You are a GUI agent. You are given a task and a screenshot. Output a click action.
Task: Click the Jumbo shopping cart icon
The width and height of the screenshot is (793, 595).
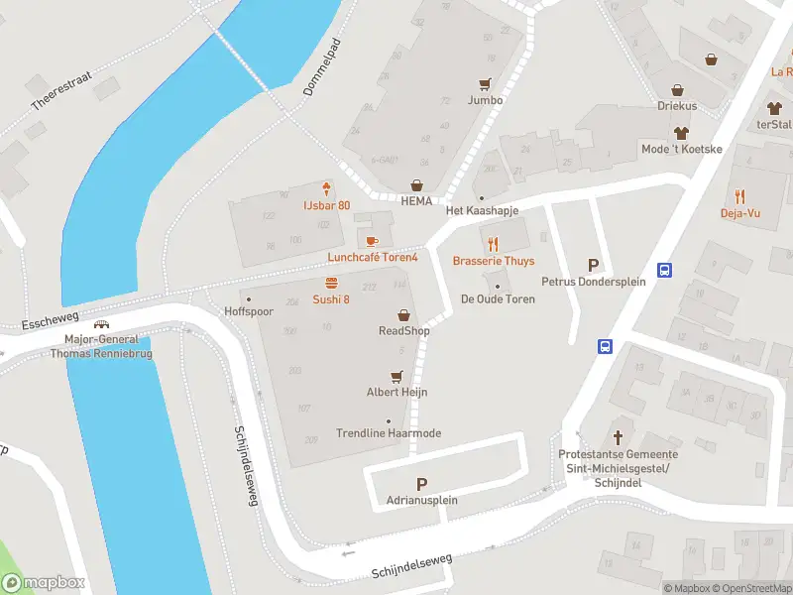click(x=485, y=85)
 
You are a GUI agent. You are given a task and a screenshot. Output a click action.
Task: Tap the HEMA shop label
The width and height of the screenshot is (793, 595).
click(x=416, y=200)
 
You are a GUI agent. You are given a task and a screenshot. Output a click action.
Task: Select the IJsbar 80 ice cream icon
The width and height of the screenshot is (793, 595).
click(x=326, y=189)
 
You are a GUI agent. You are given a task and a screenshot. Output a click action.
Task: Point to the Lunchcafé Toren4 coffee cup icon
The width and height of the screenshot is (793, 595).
click(x=372, y=242)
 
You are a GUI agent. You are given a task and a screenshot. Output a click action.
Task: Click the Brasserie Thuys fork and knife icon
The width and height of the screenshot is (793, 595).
click(x=493, y=244)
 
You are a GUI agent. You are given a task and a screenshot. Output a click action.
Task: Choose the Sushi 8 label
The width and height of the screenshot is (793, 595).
click(x=331, y=299)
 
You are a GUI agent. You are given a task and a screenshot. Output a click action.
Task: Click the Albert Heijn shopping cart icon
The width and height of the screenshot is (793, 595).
click(x=396, y=377)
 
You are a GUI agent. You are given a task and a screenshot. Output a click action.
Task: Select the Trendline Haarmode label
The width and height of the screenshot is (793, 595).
click(x=389, y=433)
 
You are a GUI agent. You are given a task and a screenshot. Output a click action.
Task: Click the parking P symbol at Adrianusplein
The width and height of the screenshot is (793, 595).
click(x=421, y=484)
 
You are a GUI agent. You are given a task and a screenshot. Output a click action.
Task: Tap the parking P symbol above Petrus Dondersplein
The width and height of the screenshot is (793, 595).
click(x=594, y=265)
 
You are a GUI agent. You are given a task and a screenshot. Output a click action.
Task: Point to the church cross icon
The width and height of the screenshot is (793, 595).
click(x=619, y=437)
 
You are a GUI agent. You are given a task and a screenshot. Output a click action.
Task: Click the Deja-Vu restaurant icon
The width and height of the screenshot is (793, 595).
click(x=739, y=196)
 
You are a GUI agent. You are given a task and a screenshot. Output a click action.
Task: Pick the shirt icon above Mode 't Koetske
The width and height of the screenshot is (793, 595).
click(x=681, y=133)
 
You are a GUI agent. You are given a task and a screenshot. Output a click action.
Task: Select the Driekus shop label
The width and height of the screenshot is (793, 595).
click(x=677, y=105)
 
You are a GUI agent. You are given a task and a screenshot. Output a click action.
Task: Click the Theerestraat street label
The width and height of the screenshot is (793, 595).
click(x=60, y=90)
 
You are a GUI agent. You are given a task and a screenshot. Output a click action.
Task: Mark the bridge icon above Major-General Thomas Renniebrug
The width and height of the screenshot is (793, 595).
click(x=100, y=324)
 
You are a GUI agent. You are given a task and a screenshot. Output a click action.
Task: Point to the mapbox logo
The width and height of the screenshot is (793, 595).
click(x=44, y=583)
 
